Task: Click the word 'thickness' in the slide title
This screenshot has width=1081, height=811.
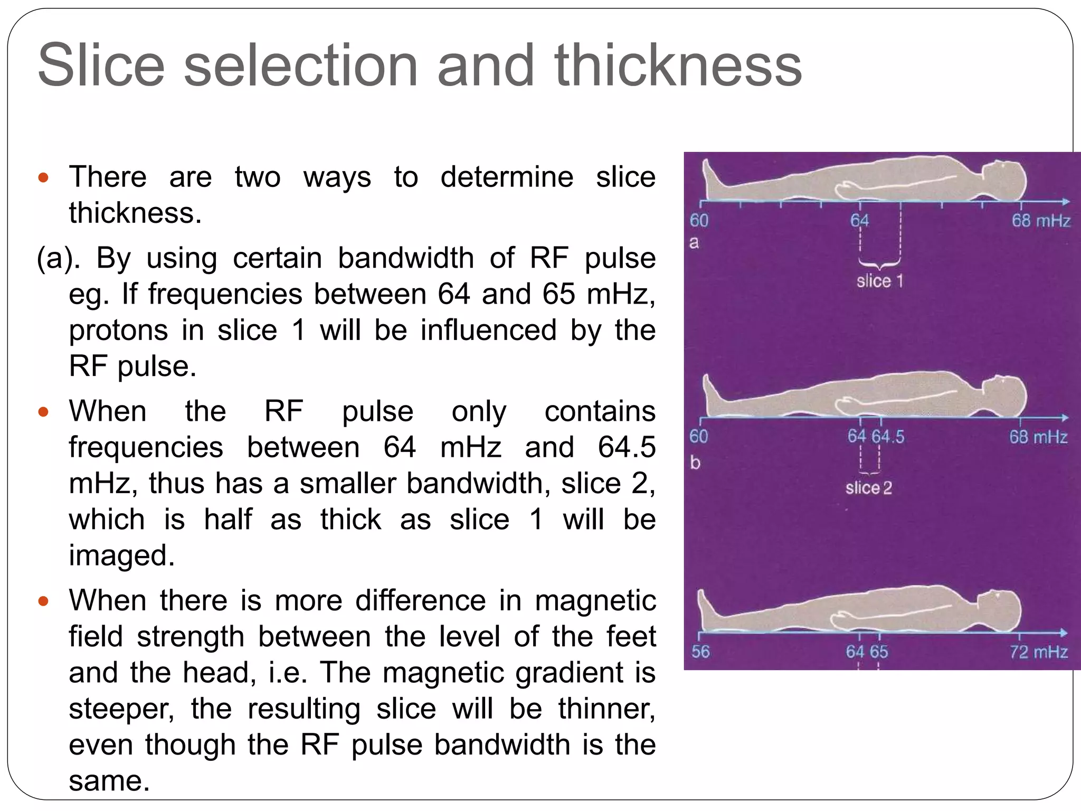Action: (678, 66)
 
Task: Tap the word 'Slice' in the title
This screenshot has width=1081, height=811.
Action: (101, 66)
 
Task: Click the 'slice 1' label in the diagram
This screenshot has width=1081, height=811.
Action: (879, 281)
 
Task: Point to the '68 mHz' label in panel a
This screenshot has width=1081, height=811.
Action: (1040, 221)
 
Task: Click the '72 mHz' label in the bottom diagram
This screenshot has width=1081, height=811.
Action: (1038, 652)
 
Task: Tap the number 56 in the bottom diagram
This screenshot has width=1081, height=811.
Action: (700, 652)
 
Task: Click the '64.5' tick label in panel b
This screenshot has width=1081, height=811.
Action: (888, 437)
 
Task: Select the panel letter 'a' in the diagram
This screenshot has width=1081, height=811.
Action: (694, 243)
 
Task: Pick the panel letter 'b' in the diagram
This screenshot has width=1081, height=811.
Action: (695, 463)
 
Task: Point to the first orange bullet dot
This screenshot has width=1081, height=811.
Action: (44, 177)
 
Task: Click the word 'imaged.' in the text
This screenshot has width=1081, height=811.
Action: (121, 555)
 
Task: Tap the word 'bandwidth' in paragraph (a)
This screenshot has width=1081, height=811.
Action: (406, 259)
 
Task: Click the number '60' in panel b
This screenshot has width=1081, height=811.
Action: (698, 437)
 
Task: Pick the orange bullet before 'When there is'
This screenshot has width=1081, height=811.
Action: (44, 601)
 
